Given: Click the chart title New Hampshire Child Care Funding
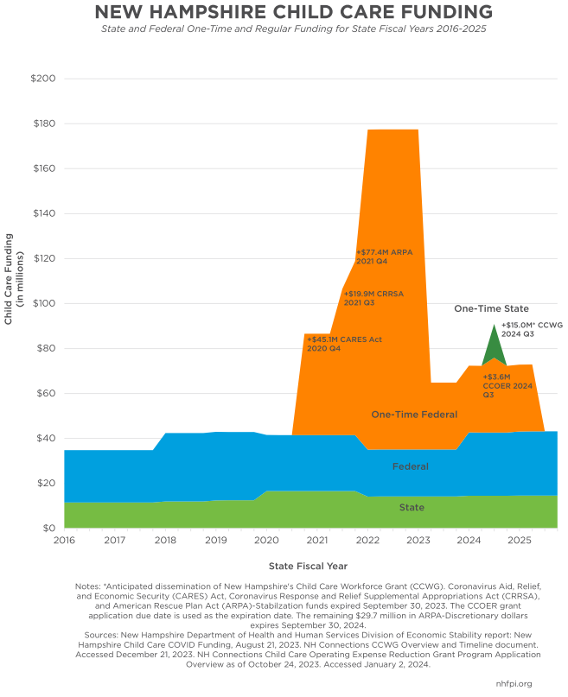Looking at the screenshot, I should (x=293, y=12).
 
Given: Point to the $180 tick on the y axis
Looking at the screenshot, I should (x=43, y=124).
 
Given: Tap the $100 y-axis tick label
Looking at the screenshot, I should (x=43, y=303).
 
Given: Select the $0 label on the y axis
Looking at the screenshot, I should (x=48, y=528).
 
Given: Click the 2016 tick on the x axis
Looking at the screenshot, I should (x=64, y=541).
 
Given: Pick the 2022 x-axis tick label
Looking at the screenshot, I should (x=367, y=541).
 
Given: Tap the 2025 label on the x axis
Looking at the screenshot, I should (x=519, y=541).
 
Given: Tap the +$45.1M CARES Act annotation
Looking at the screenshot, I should (x=343, y=344).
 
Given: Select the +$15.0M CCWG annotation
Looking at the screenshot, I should (x=532, y=329).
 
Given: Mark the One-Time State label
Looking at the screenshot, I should (x=491, y=308).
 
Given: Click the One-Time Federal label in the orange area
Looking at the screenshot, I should (x=414, y=415).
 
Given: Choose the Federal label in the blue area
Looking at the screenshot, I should (x=411, y=466).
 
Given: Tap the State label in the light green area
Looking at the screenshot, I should (x=412, y=508).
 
